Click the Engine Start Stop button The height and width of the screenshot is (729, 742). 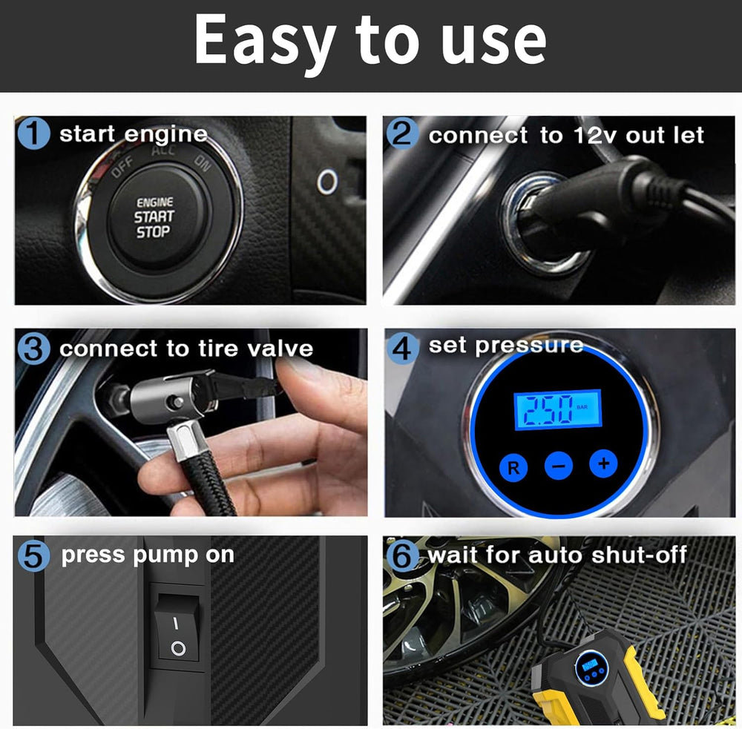coord(153,217)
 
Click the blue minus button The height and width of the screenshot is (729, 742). coord(558,466)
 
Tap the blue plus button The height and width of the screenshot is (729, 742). coord(603,464)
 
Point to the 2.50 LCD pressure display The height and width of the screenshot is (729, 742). coord(557,409)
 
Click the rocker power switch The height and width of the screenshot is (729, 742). coord(177,631)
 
